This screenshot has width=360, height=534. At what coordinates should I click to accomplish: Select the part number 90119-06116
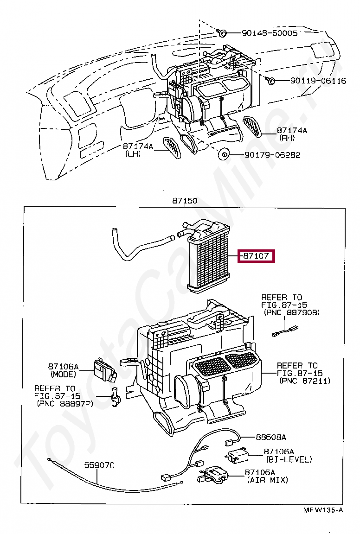(x=318, y=81)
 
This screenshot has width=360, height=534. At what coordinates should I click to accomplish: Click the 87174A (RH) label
(x=292, y=134)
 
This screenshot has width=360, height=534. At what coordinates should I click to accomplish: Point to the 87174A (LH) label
(x=138, y=150)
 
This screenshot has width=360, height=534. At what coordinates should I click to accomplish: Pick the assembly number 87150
(x=185, y=201)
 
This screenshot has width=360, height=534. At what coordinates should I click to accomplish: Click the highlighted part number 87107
(x=257, y=256)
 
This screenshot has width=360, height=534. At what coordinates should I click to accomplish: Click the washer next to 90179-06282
(x=224, y=155)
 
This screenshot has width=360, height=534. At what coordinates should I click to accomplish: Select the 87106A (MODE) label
(x=63, y=370)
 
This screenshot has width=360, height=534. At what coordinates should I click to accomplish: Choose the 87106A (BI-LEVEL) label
(x=289, y=455)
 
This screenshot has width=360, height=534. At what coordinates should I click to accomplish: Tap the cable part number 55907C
(x=99, y=465)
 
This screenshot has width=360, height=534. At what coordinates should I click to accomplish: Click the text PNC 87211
(x=305, y=381)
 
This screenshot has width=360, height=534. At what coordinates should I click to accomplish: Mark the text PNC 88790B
(x=291, y=313)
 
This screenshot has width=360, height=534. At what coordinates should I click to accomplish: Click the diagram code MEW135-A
(x=323, y=510)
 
